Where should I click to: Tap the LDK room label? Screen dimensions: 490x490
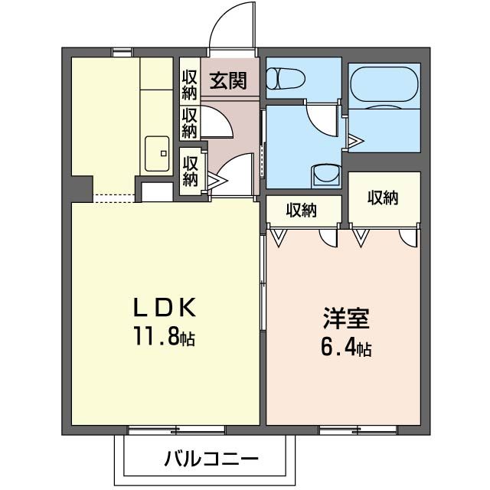166,308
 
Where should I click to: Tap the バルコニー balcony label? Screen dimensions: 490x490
211,460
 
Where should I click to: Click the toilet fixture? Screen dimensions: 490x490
285,79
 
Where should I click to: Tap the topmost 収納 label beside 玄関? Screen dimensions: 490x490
190,86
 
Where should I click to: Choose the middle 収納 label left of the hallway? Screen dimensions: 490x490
190,123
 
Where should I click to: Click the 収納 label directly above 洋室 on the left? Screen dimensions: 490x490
303,210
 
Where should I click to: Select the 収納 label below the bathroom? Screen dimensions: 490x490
384,198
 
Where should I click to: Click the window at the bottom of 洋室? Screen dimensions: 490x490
356,430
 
